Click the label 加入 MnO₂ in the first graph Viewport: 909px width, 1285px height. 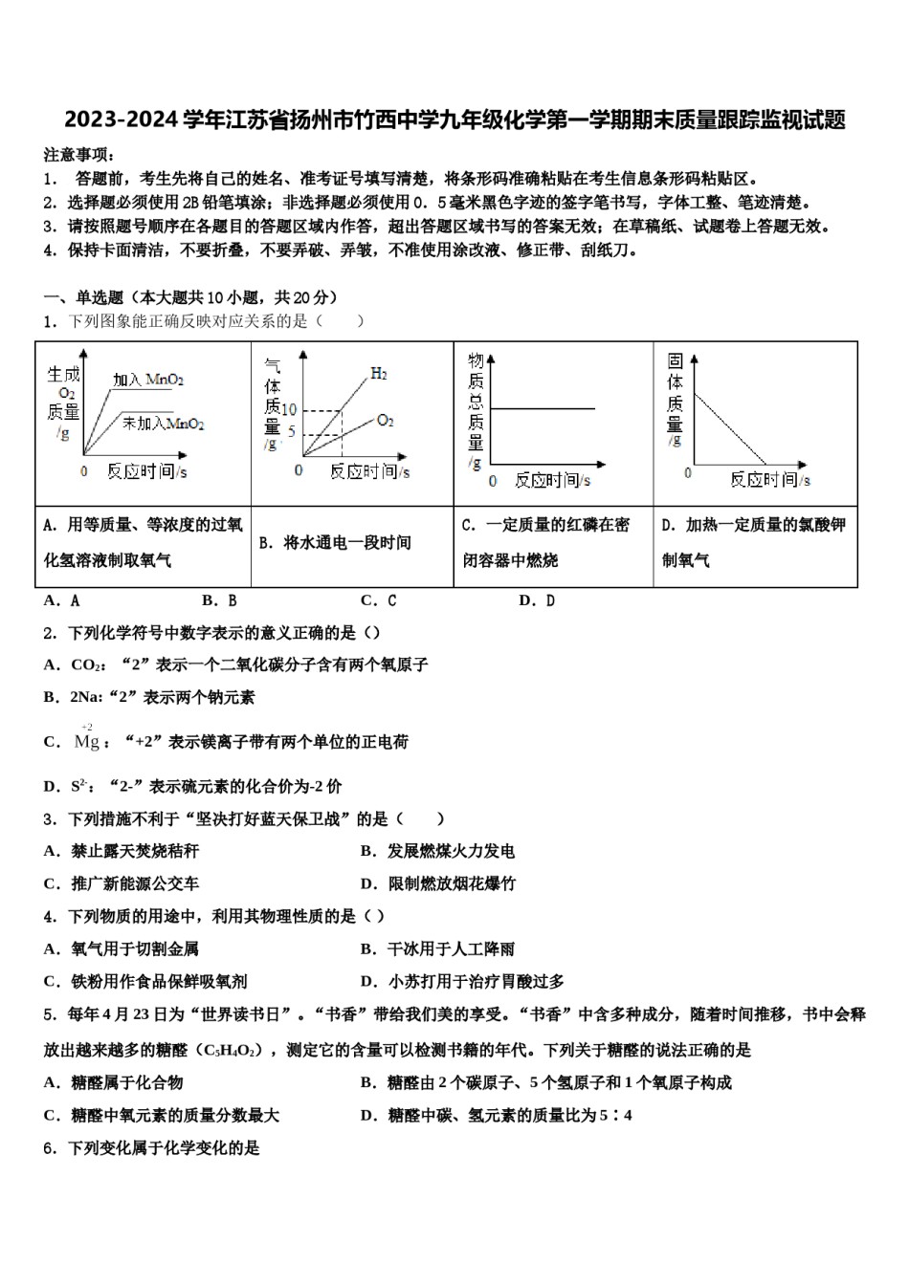(x=148, y=380)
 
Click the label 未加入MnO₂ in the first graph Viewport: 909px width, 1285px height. (x=163, y=423)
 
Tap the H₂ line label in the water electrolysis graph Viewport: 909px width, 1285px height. (x=379, y=373)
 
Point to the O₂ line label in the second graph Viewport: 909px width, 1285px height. (x=385, y=420)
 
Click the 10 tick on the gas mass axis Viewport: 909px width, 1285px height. (x=288, y=410)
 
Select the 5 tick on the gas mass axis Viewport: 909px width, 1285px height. (x=292, y=433)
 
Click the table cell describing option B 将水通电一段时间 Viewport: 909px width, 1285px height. (x=335, y=543)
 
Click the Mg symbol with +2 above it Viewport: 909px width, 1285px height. (x=87, y=741)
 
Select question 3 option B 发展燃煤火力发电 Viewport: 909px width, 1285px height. (x=438, y=851)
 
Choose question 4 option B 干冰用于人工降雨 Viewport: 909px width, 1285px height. (x=438, y=948)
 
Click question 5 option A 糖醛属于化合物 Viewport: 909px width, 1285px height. (x=114, y=1082)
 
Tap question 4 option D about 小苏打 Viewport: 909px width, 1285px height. (x=463, y=981)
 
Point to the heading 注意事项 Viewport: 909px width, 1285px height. (x=78, y=155)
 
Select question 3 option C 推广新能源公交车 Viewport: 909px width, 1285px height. (x=122, y=883)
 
